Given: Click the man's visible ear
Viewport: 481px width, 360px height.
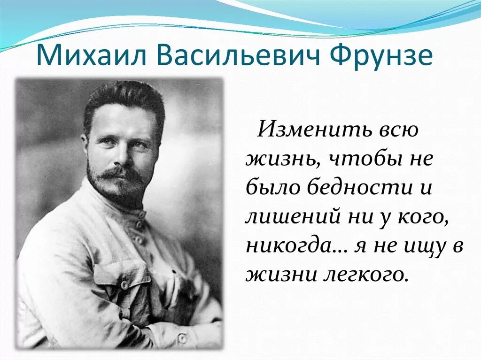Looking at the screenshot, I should click(85, 146).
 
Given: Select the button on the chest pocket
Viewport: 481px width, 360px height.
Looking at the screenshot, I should click(124, 284).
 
